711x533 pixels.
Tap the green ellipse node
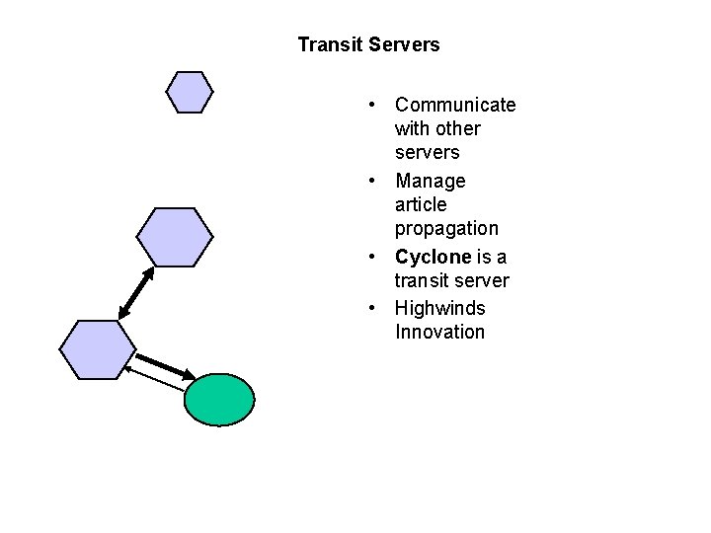[x=219, y=399]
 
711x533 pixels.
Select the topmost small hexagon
[x=189, y=92]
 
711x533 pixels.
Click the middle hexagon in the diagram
[x=174, y=237]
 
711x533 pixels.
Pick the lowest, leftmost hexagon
[x=97, y=349]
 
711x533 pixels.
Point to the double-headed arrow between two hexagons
[x=136, y=293]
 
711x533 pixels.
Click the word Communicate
[x=455, y=106]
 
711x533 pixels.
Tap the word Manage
[x=430, y=182]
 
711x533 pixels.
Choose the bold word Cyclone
[x=433, y=257]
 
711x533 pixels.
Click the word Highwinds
[x=440, y=308]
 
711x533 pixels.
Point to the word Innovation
[x=439, y=333]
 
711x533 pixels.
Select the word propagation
[x=446, y=229]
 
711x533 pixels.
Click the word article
[x=421, y=205]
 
